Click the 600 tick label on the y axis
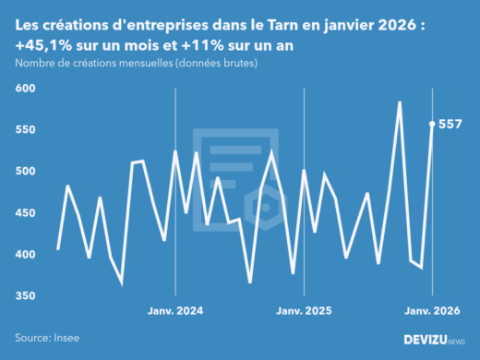pyautogui.click(x=26, y=88)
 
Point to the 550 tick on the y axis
pyautogui.click(x=26, y=129)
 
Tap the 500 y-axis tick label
pyautogui.click(x=26, y=171)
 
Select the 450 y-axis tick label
pyautogui.click(x=26, y=212)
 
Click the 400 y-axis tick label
pyautogui.click(x=26, y=254)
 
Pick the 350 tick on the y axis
pyautogui.click(x=26, y=295)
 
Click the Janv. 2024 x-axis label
pyautogui.click(x=175, y=311)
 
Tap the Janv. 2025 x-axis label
pyautogui.click(x=305, y=311)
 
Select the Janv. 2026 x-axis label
pyautogui.click(x=432, y=311)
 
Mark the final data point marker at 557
pyautogui.click(x=433, y=123)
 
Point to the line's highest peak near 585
pyautogui.click(x=399, y=102)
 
